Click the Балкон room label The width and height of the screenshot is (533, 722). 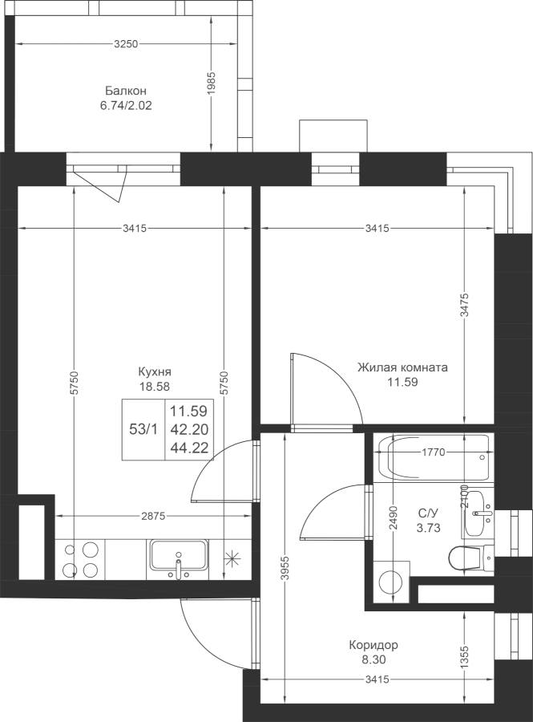(x=126, y=90)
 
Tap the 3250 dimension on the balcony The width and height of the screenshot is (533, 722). (x=126, y=44)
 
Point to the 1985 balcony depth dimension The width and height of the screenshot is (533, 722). (x=212, y=83)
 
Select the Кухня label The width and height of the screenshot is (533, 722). (x=155, y=371)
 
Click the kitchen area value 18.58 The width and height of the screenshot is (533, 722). (x=155, y=387)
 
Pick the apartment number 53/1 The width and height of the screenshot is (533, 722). (x=143, y=429)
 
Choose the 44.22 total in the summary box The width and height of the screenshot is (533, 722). (x=189, y=447)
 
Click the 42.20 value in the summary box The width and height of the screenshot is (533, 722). (x=189, y=429)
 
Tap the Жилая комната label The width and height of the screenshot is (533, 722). (x=402, y=367)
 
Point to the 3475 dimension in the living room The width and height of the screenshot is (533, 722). (x=465, y=305)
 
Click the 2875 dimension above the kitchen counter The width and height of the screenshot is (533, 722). (x=152, y=516)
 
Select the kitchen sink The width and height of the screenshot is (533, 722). (x=178, y=558)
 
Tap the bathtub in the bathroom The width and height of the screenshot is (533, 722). (x=433, y=458)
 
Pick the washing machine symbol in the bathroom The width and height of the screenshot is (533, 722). (x=392, y=582)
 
